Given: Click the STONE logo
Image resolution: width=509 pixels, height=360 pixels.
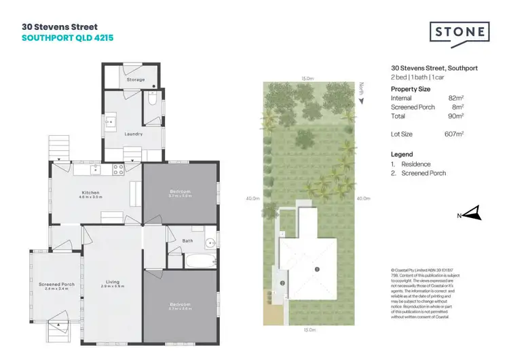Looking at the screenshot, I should pyautogui.click(x=459, y=33).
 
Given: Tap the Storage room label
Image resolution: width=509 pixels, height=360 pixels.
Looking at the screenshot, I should pyautogui.click(x=135, y=79).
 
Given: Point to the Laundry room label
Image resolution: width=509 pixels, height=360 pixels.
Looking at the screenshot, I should pyautogui.click(x=133, y=134).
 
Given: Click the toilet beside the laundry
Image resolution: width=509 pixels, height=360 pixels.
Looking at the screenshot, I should pyautogui.click(x=153, y=101).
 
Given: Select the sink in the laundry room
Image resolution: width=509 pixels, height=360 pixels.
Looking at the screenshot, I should pyautogui.click(x=111, y=123).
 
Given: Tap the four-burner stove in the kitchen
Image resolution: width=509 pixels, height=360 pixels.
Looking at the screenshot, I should pyautogui.click(x=118, y=168).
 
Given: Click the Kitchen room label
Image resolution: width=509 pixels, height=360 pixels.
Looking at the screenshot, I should pyautogui.click(x=91, y=194).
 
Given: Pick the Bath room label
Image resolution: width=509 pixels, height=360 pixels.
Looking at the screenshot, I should pyautogui.click(x=187, y=240).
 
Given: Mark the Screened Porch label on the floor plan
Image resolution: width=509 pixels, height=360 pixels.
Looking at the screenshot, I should pyautogui.click(x=56, y=285).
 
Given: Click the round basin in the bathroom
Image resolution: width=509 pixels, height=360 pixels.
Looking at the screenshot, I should pyautogui.click(x=209, y=242).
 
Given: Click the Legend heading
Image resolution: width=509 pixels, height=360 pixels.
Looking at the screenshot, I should pyautogui.click(x=402, y=154).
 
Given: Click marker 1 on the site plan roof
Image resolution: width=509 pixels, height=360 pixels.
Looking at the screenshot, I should pyautogui.click(x=316, y=270).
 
